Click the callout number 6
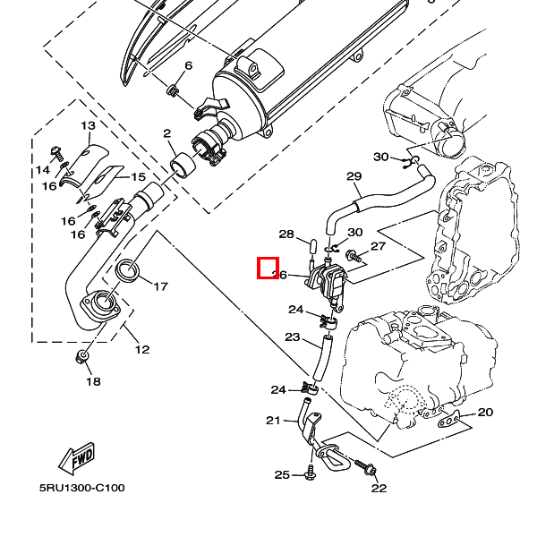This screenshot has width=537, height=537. [188, 66]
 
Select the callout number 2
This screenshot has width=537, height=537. [167, 134]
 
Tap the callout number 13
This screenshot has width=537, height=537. [89, 126]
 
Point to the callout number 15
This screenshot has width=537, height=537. [139, 177]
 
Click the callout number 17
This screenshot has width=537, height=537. [160, 287]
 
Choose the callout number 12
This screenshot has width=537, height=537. [142, 349]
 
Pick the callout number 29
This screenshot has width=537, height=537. [353, 176]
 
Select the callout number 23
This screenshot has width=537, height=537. [292, 337]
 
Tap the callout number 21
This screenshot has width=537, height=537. [273, 420]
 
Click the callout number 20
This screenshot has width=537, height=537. [485, 413]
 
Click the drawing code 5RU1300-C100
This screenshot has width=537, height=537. [81, 489]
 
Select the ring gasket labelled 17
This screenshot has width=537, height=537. [131, 268]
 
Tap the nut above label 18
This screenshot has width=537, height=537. [83, 358]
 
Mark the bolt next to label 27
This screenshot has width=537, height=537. [351, 257]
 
